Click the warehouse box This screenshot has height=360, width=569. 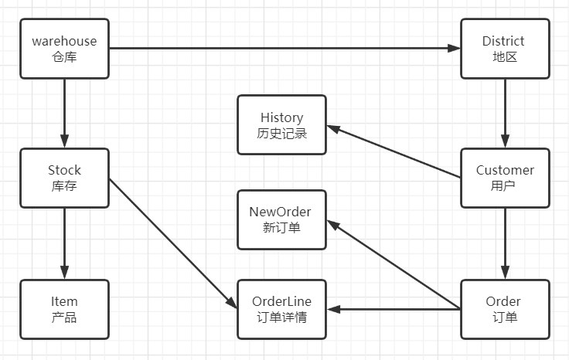pyautogui.click(x=64, y=49)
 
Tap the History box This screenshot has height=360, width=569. pyautogui.click(x=281, y=125)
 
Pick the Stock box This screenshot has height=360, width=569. pyautogui.click(x=64, y=178)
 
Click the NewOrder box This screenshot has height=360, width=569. pyautogui.click(x=281, y=219)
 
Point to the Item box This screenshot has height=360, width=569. pyautogui.click(x=64, y=309)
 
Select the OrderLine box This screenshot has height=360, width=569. pyautogui.click(x=281, y=309)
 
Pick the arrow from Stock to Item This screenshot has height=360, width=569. pyautogui.click(x=64, y=243)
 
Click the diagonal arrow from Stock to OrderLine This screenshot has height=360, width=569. pyautogui.click(x=172, y=243)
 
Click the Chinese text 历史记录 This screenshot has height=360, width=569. pyautogui.click(x=281, y=133)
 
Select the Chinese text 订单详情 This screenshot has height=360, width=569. pyautogui.click(x=281, y=317)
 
